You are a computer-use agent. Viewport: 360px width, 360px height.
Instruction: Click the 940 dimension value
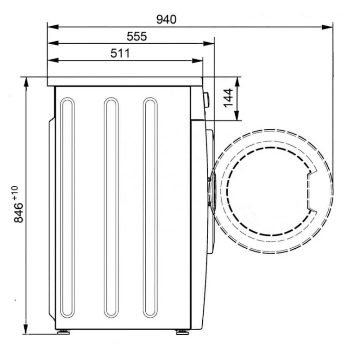[x=166, y=19]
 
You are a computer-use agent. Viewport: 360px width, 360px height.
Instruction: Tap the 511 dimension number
[x=120, y=53]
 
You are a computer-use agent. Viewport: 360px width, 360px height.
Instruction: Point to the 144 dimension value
[x=229, y=98]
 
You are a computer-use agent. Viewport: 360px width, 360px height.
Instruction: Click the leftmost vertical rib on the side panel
[x=67, y=207]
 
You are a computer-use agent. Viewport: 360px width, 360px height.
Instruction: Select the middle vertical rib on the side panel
[x=111, y=207]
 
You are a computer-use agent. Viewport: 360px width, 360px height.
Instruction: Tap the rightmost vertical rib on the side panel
[x=150, y=207]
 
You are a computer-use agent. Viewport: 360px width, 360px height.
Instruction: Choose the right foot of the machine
[x=182, y=331]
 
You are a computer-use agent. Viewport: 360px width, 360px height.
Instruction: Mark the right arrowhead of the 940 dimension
[x=328, y=27]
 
